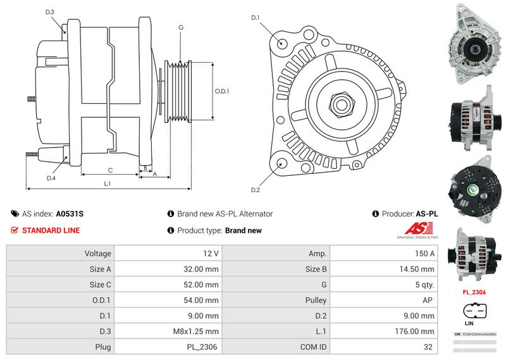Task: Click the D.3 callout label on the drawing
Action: (50, 12)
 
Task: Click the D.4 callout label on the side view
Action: (51, 178)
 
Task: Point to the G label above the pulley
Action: (181, 27)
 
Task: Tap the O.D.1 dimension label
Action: (222, 91)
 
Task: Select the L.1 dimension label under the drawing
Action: (108, 183)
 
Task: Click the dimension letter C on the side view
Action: (110, 170)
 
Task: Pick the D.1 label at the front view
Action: (256, 17)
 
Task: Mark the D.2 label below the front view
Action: (256, 190)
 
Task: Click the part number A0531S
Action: (70, 214)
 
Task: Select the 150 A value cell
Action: (384, 254)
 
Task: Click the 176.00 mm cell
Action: (384, 332)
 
